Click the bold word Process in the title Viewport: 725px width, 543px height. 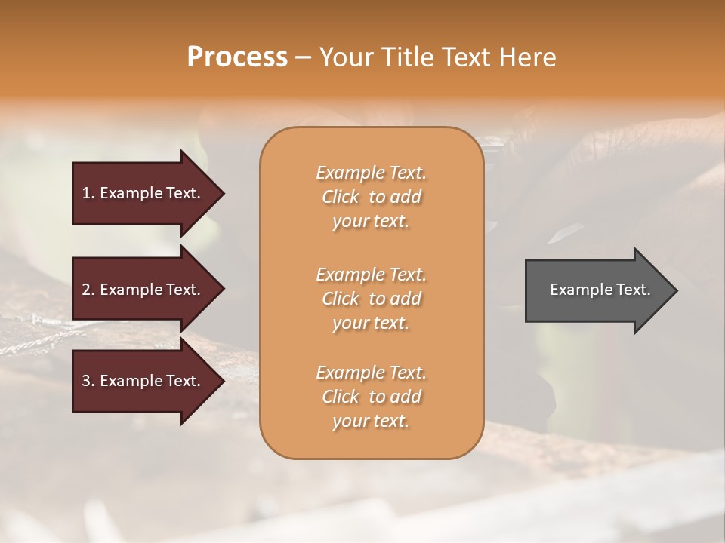(237, 57)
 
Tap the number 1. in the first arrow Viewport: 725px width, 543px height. (88, 193)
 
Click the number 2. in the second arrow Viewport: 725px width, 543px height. (88, 290)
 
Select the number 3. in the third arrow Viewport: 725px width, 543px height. (88, 381)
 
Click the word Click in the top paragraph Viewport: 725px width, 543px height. (341, 197)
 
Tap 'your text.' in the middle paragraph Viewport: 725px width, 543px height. (371, 323)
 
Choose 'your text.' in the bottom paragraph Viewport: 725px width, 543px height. (371, 422)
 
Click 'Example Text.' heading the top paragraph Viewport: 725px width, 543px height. (371, 173)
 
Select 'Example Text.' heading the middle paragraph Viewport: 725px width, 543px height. (371, 274)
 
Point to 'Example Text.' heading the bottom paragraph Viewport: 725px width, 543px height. (371, 373)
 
